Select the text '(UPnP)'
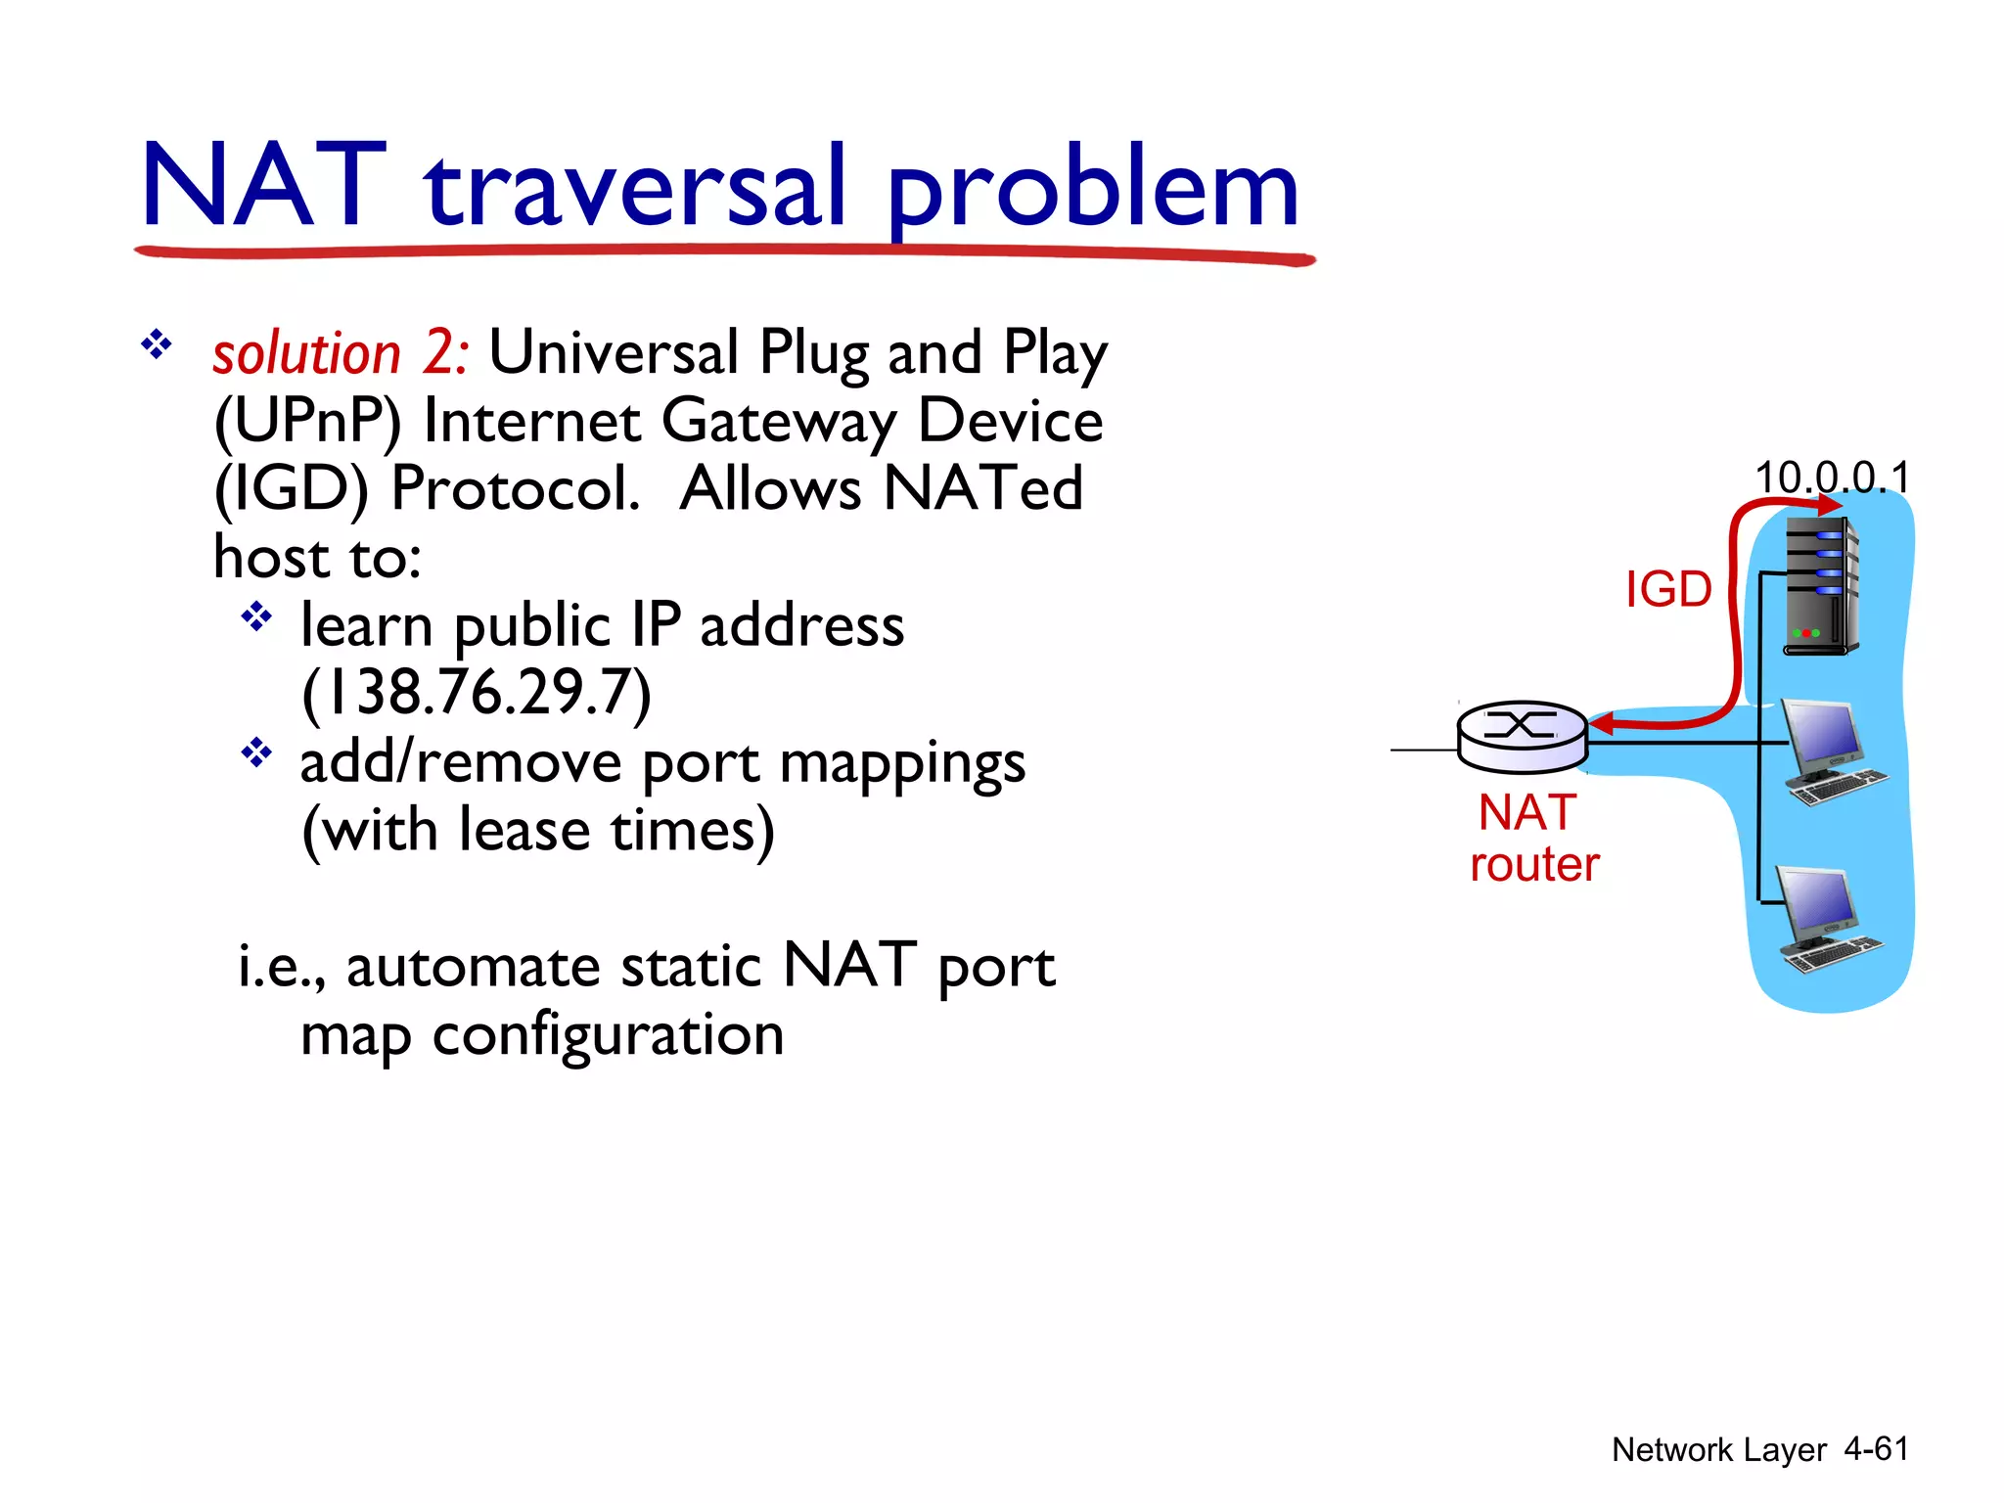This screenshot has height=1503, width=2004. point(307,422)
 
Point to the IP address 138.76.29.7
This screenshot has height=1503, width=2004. point(477,693)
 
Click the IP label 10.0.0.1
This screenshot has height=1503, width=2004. point(1832,478)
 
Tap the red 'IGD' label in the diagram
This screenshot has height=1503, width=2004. point(1668,589)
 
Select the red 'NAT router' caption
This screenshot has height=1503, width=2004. point(1533,838)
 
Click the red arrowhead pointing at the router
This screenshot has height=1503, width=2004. point(1601,725)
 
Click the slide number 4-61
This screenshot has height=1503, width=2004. point(1876,1448)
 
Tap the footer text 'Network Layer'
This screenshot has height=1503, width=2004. point(1718,1449)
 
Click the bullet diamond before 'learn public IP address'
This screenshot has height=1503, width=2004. point(256,616)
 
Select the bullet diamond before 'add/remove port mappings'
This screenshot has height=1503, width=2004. point(256,752)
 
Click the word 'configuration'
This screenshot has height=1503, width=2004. point(608,1035)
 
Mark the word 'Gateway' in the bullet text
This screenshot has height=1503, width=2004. point(779,422)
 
